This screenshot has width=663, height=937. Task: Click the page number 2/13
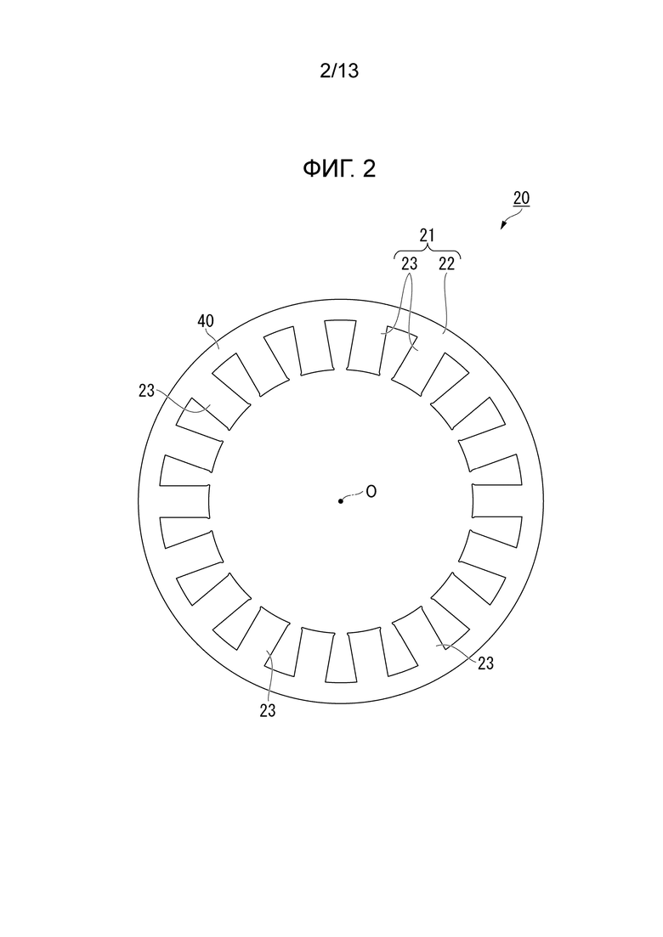[x=339, y=71]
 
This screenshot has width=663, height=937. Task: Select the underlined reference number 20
[x=521, y=199]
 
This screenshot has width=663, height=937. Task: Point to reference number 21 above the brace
[x=427, y=235]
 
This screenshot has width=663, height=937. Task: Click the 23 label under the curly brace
[x=409, y=263]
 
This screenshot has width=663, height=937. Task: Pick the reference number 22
[x=446, y=263]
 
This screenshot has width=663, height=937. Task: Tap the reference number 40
[x=206, y=321]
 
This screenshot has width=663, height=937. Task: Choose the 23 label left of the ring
[x=146, y=391]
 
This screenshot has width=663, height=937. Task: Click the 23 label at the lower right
[x=485, y=663]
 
